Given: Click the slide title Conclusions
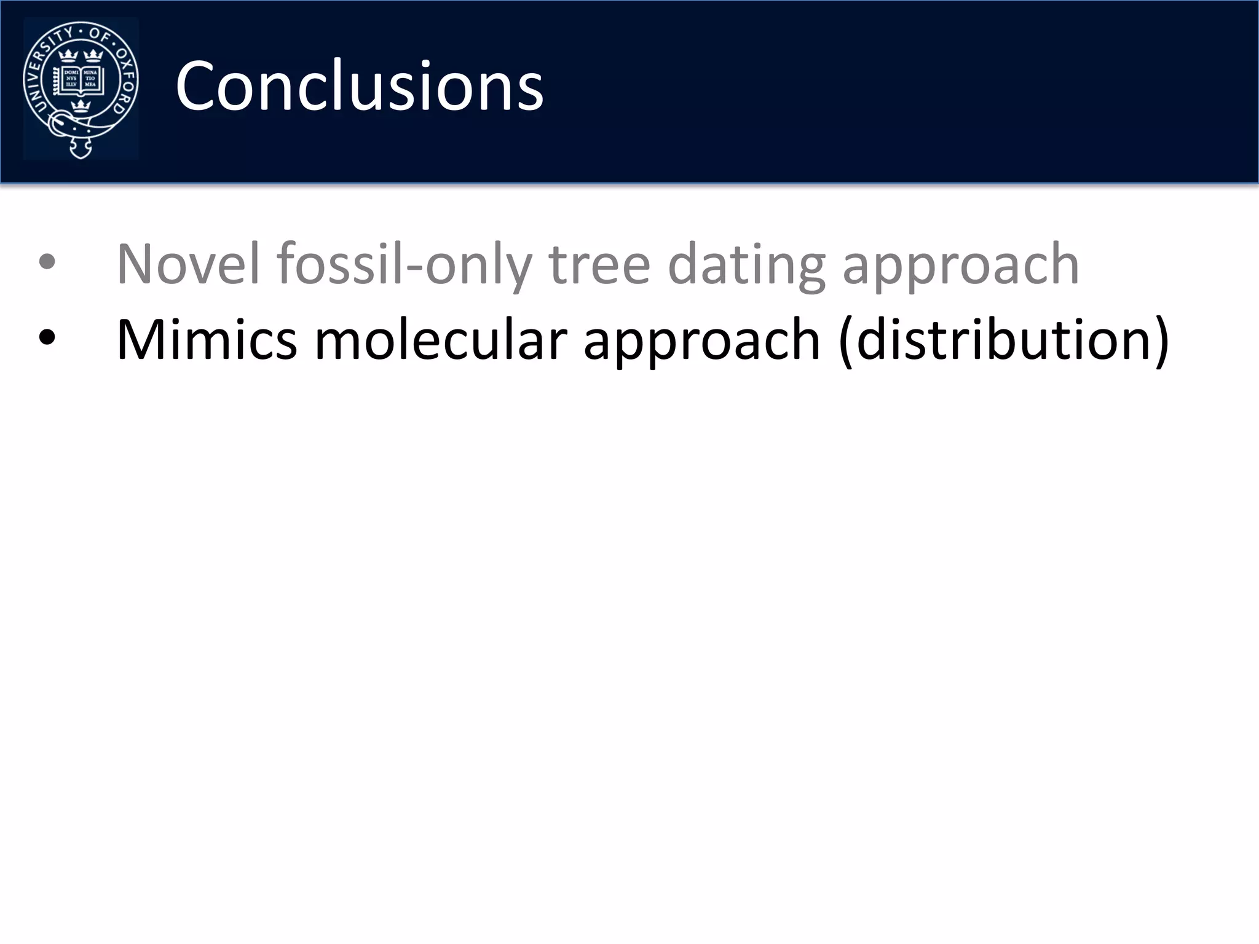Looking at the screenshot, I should point(359,86).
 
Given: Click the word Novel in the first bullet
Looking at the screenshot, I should point(188,264).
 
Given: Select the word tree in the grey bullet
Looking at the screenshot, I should point(599,264).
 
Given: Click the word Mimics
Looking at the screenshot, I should point(207,339).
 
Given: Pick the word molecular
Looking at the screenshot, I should point(440,339).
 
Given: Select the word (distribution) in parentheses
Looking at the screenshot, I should point(1003,340).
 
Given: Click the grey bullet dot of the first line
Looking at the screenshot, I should point(47,264).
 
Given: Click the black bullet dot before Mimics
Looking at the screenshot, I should point(47,338).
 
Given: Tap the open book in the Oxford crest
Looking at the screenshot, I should point(81,81).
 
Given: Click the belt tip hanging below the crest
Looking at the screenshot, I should point(81,148).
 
